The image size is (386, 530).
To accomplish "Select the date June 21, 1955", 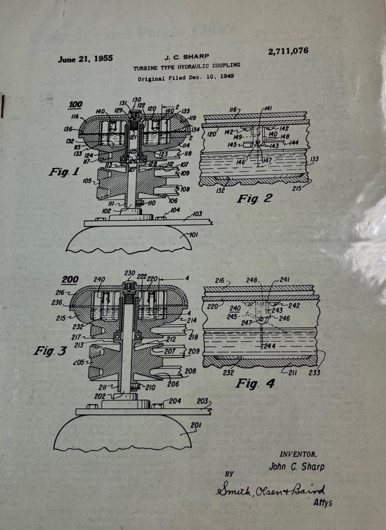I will pyautogui.click(x=85, y=58).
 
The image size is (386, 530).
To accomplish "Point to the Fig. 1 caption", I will pyautogui.click(x=64, y=172).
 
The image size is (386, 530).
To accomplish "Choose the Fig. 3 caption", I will pyautogui.click(x=50, y=351).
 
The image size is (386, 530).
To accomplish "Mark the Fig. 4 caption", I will pyautogui.click(x=254, y=383).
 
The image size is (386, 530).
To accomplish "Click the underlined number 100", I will pyautogui.click(x=75, y=104).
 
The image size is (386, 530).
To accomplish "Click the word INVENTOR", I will pyautogui.click(x=298, y=454).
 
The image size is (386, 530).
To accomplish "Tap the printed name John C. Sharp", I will pyautogui.click(x=297, y=466).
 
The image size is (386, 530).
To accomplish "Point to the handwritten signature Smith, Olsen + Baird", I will pyautogui.click(x=270, y=491).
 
